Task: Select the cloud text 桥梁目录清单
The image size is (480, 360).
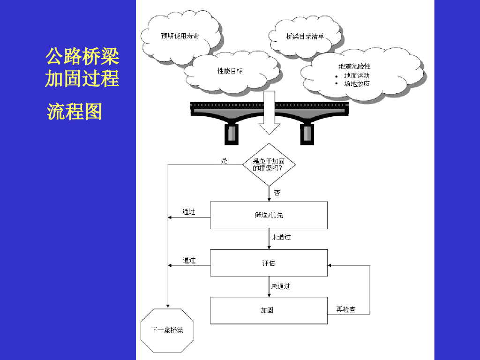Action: pos(305,36)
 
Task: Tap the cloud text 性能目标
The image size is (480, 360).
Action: pos(230,71)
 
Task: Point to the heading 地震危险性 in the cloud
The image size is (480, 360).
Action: pos(354,67)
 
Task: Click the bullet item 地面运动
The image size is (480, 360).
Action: pos(357,75)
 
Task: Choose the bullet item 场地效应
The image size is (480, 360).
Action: pos(357,84)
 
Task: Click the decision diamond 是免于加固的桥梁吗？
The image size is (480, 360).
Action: pos(269,165)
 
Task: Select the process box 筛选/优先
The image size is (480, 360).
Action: pos(269,215)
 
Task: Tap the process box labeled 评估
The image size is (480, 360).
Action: pos(269,263)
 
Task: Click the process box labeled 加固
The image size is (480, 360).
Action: pos(269,310)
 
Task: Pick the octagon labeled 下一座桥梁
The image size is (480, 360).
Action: pos(167,330)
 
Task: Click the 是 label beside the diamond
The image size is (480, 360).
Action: pos(224,161)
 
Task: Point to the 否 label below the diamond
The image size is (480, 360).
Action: pos(277,193)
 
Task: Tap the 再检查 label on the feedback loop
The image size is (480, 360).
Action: pos(346,309)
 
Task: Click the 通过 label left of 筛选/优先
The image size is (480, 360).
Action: pos(189,212)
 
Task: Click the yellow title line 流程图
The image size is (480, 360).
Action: pos(75,112)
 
